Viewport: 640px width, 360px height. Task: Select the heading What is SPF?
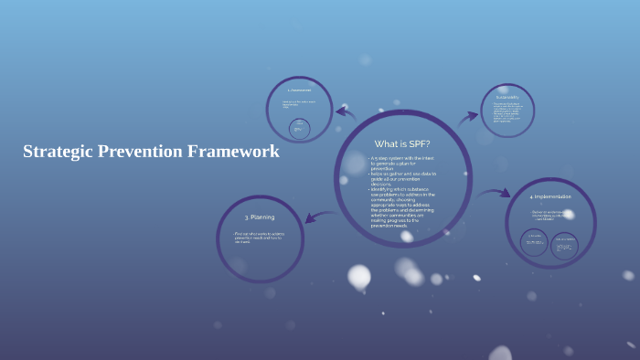[402, 143]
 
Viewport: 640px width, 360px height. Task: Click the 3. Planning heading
[260, 217]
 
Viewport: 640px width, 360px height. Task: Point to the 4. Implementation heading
[550, 196]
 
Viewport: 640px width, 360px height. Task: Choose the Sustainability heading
[507, 97]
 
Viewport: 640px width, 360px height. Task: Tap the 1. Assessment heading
[299, 90]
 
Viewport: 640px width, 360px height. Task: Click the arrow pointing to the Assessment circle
[345, 113]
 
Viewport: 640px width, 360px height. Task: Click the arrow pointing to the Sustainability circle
[468, 116]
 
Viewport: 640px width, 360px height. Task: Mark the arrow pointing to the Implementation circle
[495, 194]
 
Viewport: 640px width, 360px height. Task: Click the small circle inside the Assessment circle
[298, 130]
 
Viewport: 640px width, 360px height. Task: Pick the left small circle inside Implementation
[535, 244]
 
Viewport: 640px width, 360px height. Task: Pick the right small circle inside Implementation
[565, 244]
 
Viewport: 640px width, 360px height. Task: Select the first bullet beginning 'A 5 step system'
[402, 164]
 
